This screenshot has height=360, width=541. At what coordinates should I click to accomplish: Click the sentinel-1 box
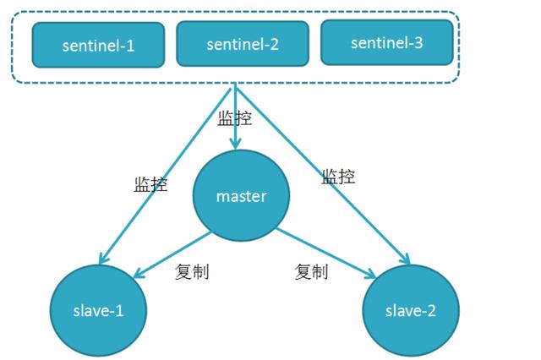click(x=98, y=45)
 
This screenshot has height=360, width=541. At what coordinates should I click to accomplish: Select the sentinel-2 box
click(x=242, y=43)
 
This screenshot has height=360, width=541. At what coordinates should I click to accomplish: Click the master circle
click(x=241, y=196)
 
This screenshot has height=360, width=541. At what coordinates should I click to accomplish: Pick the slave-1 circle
click(x=99, y=310)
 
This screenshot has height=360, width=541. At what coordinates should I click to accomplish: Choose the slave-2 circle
click(x=411, y=310)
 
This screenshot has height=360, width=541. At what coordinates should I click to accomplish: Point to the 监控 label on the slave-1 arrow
click(x=150, y=184)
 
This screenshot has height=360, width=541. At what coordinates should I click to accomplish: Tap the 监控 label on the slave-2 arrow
click(x=338, y=177)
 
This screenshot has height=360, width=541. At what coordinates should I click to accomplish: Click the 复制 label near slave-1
click(x=192, y=271)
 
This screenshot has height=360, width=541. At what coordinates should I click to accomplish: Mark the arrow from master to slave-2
click(x=325, y=252)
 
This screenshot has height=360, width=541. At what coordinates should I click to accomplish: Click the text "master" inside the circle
click(x=241, y=196)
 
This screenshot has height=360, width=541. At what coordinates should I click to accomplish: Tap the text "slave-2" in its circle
click(x=411, y=310)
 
